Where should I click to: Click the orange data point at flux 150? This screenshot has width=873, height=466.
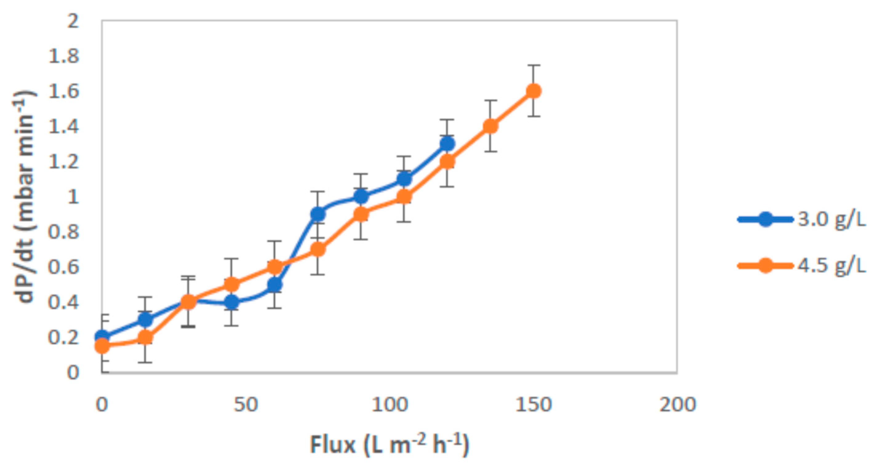pyautogui.click(x=533, y=91)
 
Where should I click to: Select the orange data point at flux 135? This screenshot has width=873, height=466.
pyautogui.click(x=491, y=126)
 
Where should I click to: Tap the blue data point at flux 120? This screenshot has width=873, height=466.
pyautogui.click(x=447, y=144)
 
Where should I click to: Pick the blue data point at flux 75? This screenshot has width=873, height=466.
pyautogui.click(x=318, y=214)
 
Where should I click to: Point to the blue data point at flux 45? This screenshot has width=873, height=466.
pyautogui.click(x=232, y=302)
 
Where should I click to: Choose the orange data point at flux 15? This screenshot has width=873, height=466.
pyautogui.click(x=145, y=338)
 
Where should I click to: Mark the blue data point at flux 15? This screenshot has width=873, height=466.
pyautogui.click(x=145, y=319)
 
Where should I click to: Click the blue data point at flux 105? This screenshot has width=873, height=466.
pyautogui.click(x=404, y=179)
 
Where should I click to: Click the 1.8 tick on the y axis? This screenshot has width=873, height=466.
pyautogui.click(x=64, y=56)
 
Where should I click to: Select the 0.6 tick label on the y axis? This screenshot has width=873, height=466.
pyautogui.click(x=64, y=267)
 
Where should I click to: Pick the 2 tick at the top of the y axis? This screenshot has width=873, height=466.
pyautogui.click(x=73, y=21)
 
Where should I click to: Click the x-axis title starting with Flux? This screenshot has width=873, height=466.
pyautogui.click(x=390, y=444)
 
